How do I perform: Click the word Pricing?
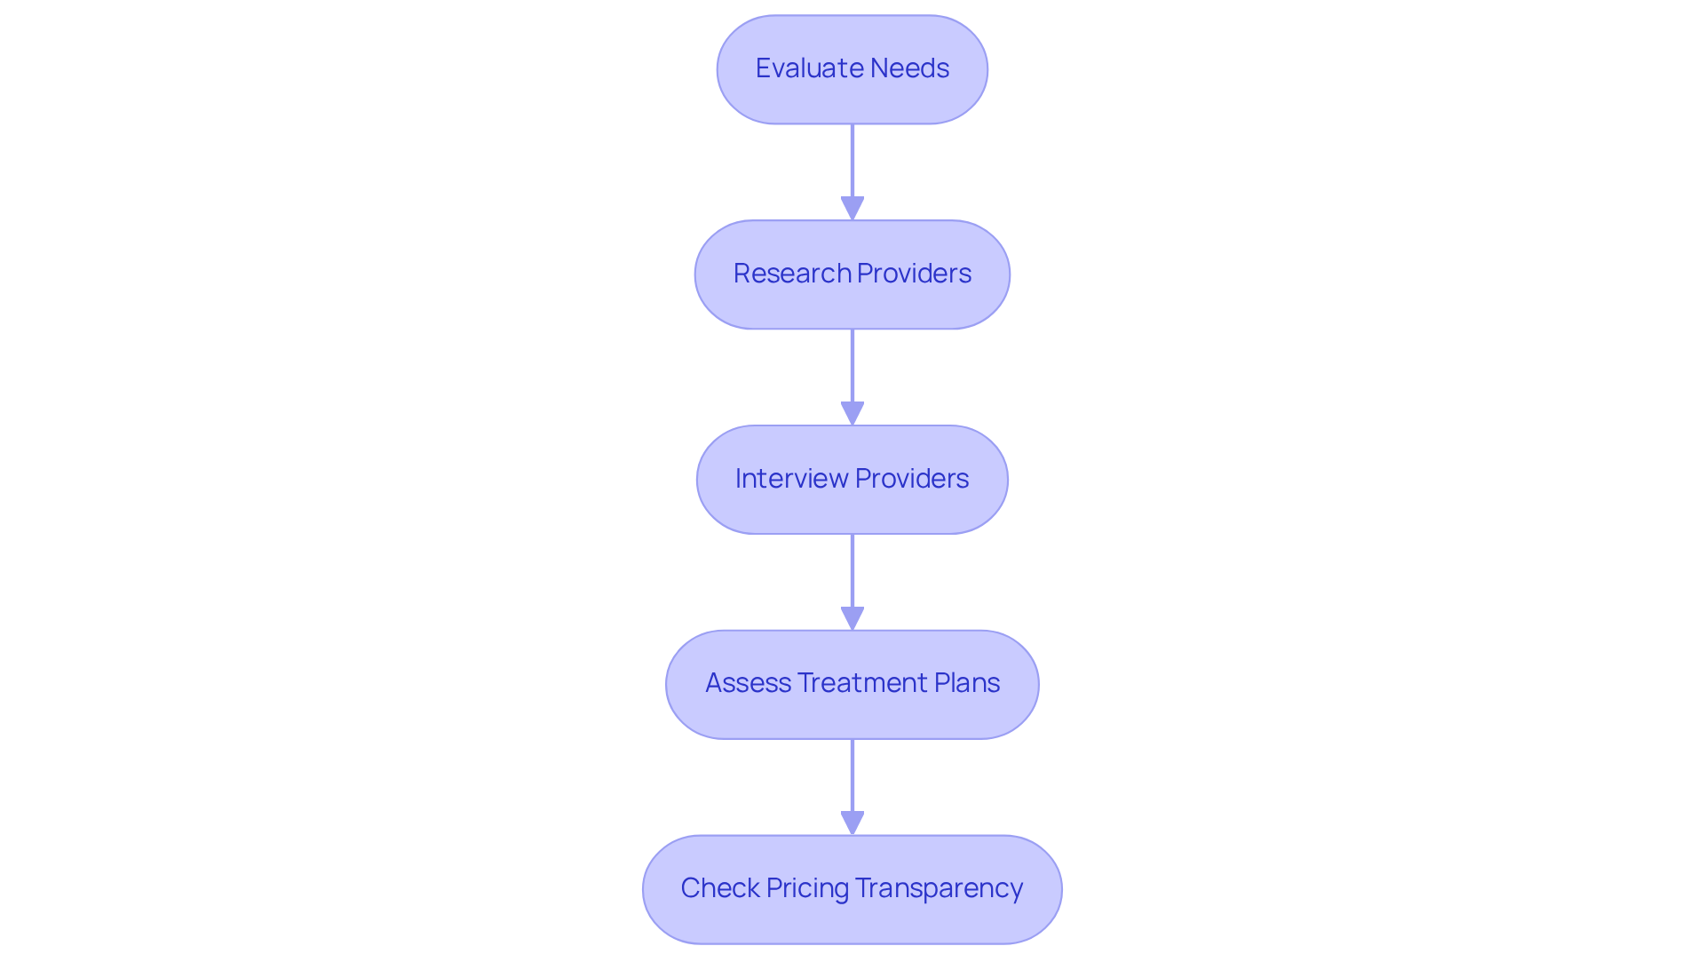807,888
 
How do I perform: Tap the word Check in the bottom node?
720,888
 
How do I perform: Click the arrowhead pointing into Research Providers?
852,208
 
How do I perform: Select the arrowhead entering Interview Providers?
852,413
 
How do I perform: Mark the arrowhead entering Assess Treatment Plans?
852,618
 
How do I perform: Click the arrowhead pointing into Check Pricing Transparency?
852,823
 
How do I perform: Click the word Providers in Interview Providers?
911,479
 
